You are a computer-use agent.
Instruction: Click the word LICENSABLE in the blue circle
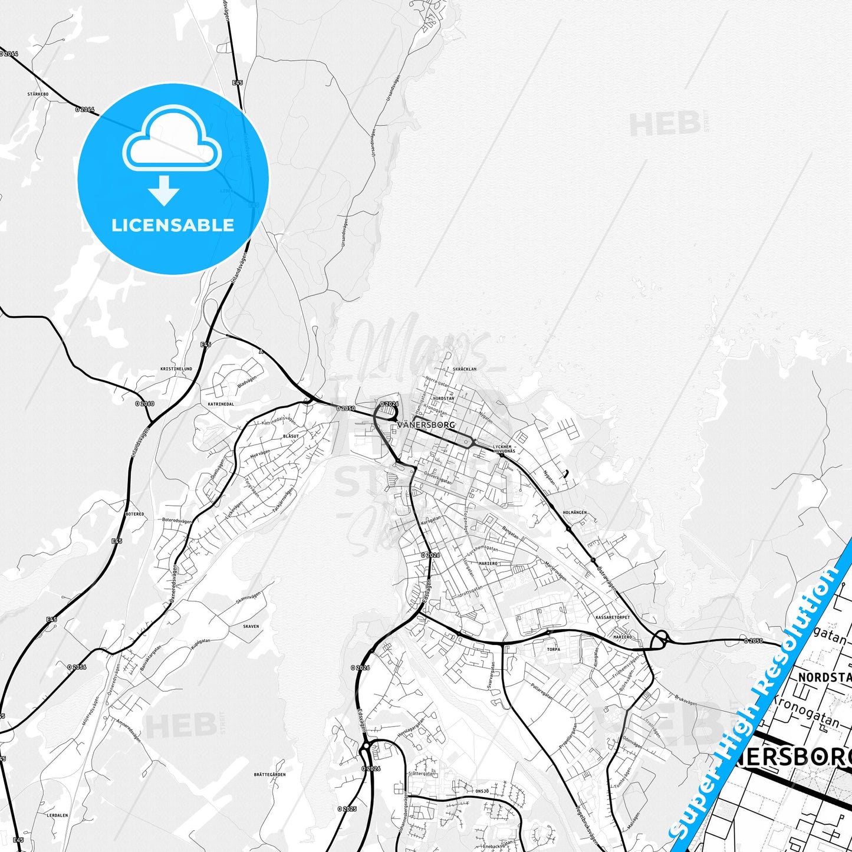[173, 225]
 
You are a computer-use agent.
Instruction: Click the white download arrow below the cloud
[164, 190]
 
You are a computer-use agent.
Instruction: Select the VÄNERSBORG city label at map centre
[426, 425]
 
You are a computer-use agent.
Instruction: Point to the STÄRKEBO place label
[38, 94]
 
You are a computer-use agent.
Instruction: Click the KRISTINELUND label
[176, 369]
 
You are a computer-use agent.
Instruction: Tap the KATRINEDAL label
[221, 404]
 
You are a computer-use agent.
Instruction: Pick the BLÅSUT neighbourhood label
[291, 436]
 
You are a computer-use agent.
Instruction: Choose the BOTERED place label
[135, 514]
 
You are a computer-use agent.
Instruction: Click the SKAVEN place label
[251, 627]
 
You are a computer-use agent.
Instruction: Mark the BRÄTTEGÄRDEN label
[269, 775]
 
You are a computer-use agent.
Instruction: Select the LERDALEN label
[57, 815]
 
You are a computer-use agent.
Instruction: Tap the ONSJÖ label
[482, 791]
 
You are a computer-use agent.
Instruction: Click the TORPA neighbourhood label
[553, 649]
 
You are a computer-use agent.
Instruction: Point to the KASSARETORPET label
[613, 617]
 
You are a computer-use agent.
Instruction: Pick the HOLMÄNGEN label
[574, 513]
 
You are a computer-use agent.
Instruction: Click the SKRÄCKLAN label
[465, 369]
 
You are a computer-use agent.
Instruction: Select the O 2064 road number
[84, 109]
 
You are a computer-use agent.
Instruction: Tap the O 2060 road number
[144, 404]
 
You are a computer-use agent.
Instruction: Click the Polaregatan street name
[542, 691]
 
